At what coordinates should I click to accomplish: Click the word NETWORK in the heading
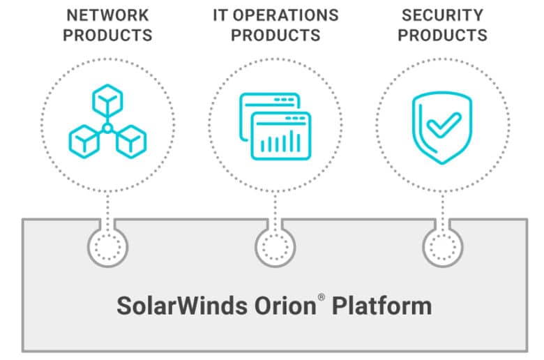pos(107,15)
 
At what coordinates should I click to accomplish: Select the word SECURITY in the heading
pos(442,15)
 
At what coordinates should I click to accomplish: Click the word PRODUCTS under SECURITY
pos(442,35)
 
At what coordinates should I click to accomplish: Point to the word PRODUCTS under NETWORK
pos(107,35)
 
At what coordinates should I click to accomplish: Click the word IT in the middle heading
pos(220,15)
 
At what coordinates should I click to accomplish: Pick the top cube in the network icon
pos(107,100)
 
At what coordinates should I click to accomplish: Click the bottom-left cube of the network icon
pos(84,142)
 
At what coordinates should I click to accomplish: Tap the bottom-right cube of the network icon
pos(131,142)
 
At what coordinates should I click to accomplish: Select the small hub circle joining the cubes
pos(107,129)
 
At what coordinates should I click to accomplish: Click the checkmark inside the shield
pos(444,125)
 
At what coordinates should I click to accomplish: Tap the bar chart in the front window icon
pos(280,142)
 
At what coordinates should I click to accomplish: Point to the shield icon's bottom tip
pos(442,163)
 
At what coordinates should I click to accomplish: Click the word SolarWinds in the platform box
pos(182,306)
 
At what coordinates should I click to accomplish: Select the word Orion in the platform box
pos(285,306)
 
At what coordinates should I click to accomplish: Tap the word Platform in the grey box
pos(382,306)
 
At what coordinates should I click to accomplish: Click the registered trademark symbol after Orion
pos(322,297)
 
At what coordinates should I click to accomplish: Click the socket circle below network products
pos(108,247)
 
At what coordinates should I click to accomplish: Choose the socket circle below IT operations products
pos(275,247)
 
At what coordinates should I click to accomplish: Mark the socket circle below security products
pos(443,247)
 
